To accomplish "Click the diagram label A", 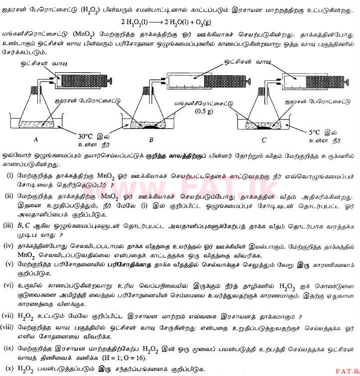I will [35, 139].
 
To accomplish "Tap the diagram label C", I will [264, 139].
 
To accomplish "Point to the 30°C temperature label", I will [86, 135].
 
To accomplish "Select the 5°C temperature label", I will [318, 133].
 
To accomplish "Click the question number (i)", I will [10, 176].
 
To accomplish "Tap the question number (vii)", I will [8, 316].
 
